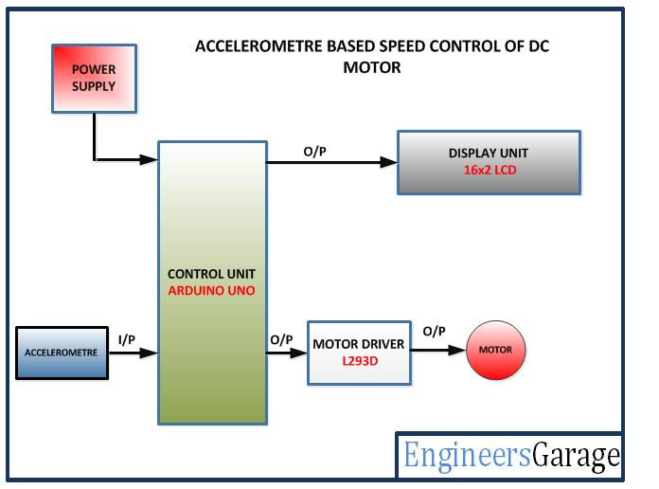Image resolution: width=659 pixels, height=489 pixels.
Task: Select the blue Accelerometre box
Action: pos(62,353)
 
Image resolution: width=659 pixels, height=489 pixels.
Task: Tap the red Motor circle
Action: pos(494,351)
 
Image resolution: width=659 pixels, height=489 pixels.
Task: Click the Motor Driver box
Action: pos(360,353)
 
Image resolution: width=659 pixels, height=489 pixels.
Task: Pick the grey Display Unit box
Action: pos(488,162)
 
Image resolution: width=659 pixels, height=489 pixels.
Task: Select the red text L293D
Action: pos(360,362)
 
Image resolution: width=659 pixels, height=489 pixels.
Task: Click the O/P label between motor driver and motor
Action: pos(435,331)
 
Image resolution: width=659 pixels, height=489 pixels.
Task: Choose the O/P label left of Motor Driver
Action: pos(281,339)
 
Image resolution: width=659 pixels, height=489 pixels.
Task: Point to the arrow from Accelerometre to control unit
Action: pos(133,353)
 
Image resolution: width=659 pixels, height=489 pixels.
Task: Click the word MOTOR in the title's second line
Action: pos(374,67)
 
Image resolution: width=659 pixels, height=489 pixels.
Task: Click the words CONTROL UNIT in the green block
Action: pos(211,274)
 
